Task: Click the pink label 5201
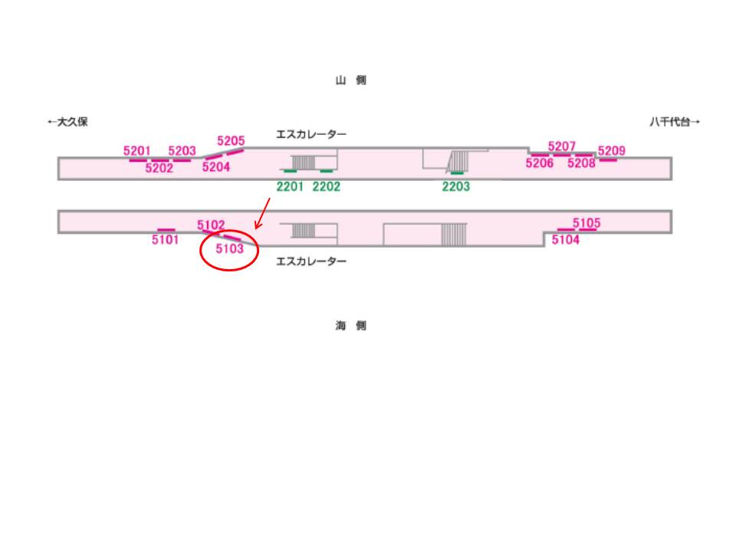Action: pyautogui.click(x=137, y=151)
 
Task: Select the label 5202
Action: pyautogui.click(x=159, y=169)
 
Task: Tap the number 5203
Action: pyautogui.click(x=182, y=151)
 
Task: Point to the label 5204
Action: pyautogui.click(x=216, y=167)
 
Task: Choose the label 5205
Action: pyautogui.click(x=231, y=141)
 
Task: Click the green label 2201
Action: pyautogui.click(x=291, y=186)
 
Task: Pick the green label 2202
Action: pyautogui.click(x=327, y=186)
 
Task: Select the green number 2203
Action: pyautogui.click(x=456, y=186)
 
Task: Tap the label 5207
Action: pyautogui.click(x=561, y=146)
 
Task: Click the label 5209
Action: pyautogui.click(x=612, y=151)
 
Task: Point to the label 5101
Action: pyautogui.click(x=166, y=240)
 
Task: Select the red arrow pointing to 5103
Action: pyautogui.click(x=262, y=214)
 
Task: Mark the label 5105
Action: pyautogui.click(x=586, y=223)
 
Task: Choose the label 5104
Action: pyautogui.click(x=566, y=240)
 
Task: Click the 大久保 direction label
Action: pyautogui.click(x=67, y=122)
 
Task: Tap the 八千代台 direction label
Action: pyautogui.click(x=675, y=122)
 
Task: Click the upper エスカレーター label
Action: pyautogui.click(x=311, y=134)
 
